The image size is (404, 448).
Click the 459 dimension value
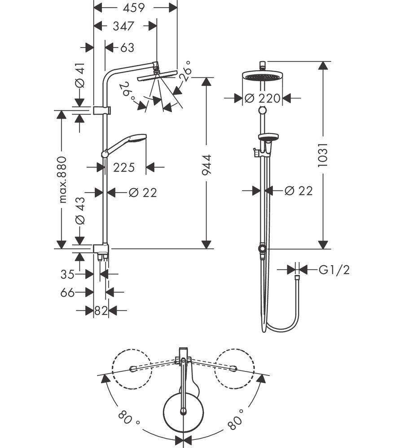(133, 8)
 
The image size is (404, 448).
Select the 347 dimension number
(123, 26)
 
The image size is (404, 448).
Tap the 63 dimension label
(127, 48)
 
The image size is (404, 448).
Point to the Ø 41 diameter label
(80, 75)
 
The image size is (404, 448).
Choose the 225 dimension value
(124, 168)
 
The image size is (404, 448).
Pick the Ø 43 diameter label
(80, 211)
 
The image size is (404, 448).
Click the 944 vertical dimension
(206, 165)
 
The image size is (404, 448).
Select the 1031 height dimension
(323, 155)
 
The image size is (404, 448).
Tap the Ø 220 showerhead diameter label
(262, 99)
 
